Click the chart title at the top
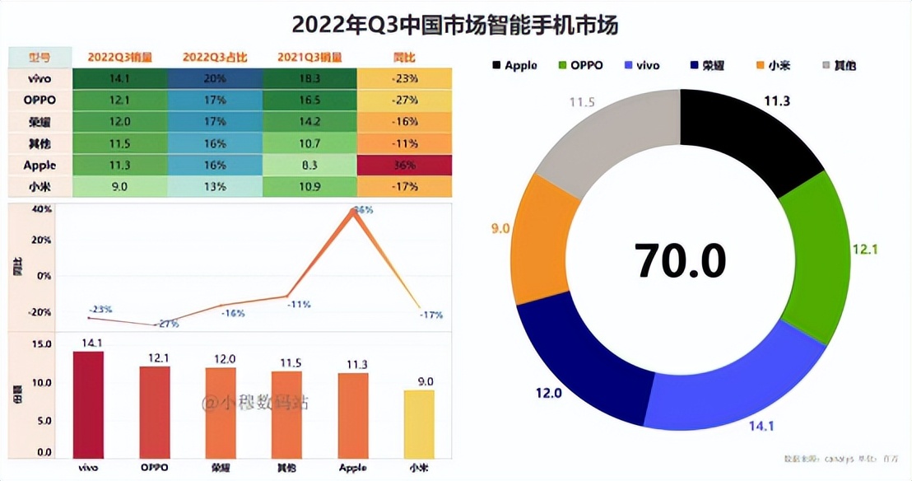pyautogui.click(x=455, y=25)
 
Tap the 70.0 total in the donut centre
pyautogui.click(x=680, y=260)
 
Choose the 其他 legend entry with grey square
pyautogui.click(x=839, y=65)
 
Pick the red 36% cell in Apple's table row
pyautogui.click(x=405, y=165)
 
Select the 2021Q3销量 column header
pyautogui.click(x=309, y=58)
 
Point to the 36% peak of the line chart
pyautogui.click(x=355, y=210)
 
